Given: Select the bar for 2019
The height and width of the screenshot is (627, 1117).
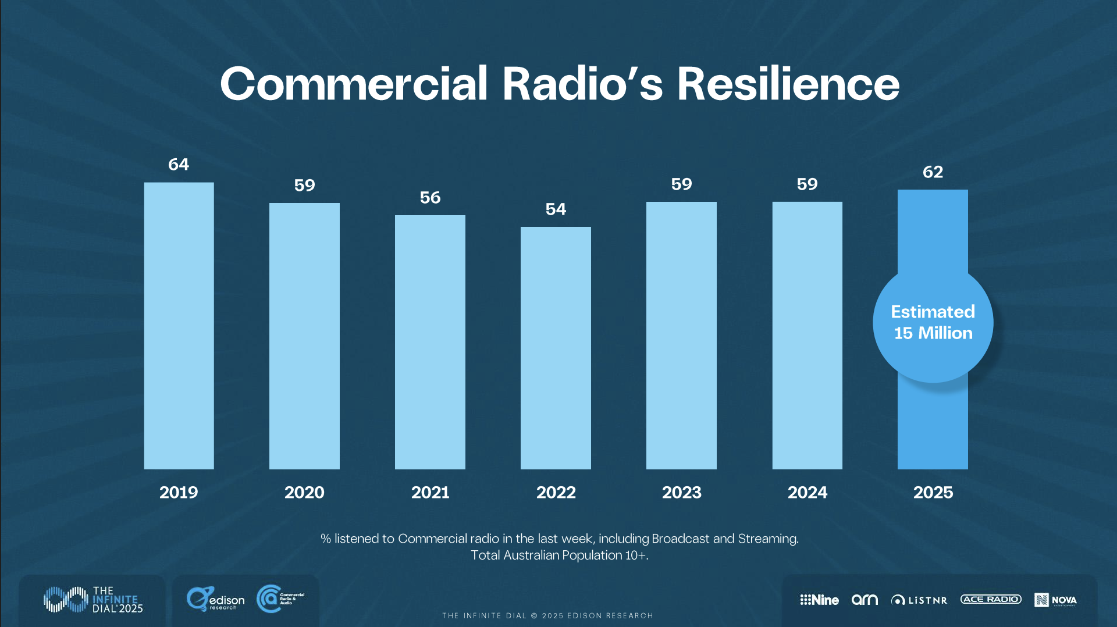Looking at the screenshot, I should coord(179,326).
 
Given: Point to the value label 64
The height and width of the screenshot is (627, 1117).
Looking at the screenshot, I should coord(179,165).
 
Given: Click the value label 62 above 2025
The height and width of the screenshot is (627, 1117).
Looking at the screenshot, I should coord(933,172).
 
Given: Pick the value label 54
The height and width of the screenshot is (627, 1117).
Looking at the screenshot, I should coord(556,209).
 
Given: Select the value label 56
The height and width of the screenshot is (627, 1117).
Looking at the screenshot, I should coord(430,198).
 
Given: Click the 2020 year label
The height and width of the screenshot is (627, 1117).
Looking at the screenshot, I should coord(304,493).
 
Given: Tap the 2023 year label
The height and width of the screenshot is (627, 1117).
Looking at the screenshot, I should coord(681,493).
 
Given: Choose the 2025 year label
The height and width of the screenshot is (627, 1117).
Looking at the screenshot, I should coord(933,493).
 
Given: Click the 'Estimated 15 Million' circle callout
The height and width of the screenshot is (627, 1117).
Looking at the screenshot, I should coord(933,323).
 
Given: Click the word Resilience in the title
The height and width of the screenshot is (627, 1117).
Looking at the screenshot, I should coord(788,84).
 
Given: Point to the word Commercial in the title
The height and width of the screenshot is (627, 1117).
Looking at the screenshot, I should coord(354,84).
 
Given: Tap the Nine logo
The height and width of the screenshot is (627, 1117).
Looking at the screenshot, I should coord(819,600).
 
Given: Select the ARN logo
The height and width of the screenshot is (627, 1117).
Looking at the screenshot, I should coord(865,600).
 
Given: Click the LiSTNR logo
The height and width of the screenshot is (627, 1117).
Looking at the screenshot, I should coord(919,600).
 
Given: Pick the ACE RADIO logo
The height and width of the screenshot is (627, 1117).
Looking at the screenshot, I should coord(991,599).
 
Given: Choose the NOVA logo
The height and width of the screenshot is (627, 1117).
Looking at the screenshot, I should coord(1055,600).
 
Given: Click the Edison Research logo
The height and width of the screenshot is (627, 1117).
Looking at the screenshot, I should coord(216,599).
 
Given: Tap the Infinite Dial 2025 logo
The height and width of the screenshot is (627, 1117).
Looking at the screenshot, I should coord(93,600).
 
